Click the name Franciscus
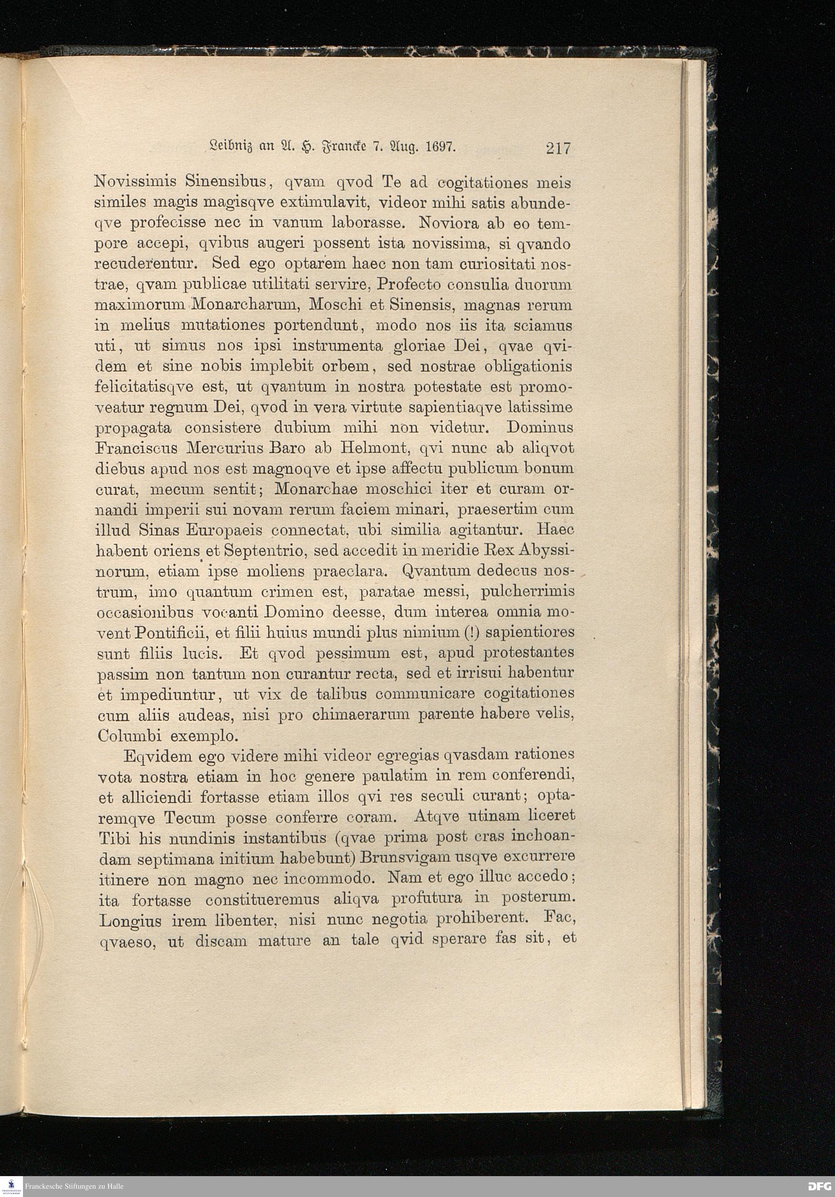click(x=137, y=447)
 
